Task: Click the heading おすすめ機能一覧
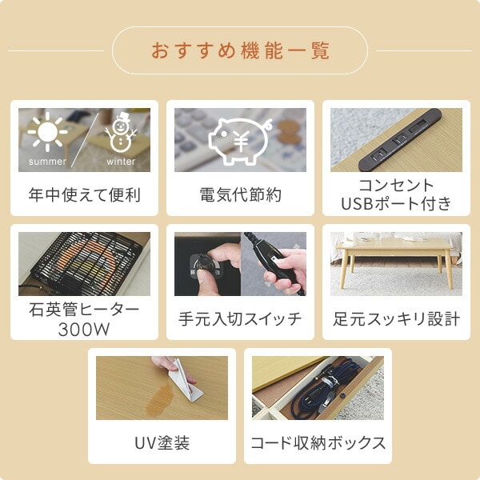pos(240,50)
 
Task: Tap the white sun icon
pos(47,132)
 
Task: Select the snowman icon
pos(121,132)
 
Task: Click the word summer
pos(47,162)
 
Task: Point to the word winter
pos(121,162)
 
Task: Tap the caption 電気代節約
pos(240,194)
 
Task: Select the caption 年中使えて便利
pos(84,194)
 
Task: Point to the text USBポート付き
pos(396,203)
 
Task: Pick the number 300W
pos(84,330)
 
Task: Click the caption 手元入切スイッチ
pos(240,318)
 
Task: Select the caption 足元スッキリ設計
pos(397,318)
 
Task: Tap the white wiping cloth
pos(184,379)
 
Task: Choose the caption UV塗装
pos(162,442)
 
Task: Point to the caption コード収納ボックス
pos(318,442)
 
